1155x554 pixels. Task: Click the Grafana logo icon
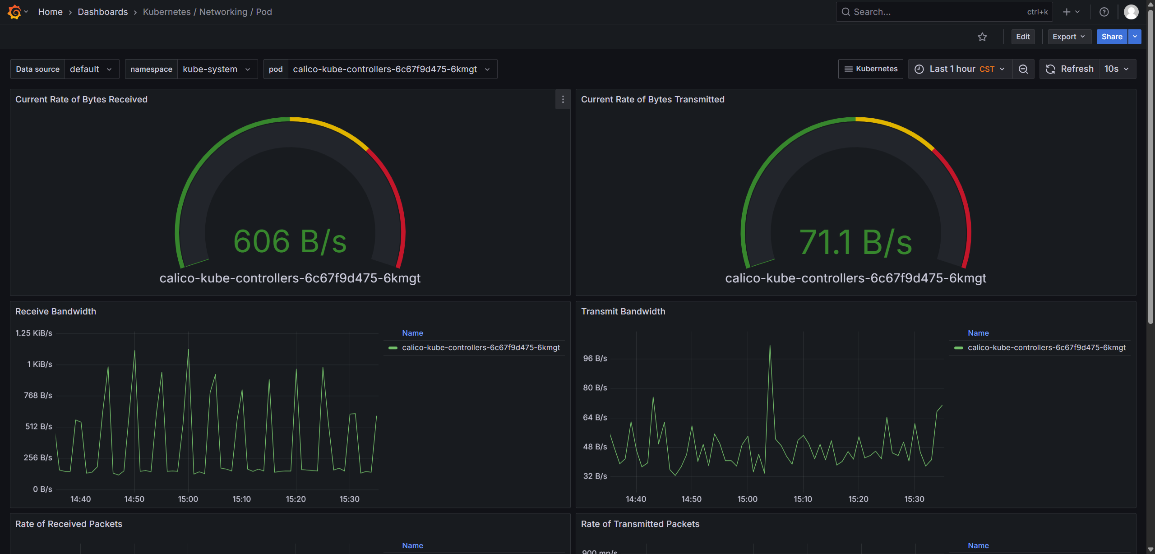[x=14, y=12]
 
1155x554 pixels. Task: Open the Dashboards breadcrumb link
[x=103, y=12]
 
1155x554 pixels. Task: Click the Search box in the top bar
[x=944, y=12]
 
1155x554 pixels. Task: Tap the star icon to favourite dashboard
[x=982, y=37]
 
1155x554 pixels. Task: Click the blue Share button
[x=1112, y=37]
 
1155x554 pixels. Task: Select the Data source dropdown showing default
[x=92, y=69]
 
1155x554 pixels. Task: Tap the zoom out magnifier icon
[x=1023, y=69]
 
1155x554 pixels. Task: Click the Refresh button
[x=1070, y=69]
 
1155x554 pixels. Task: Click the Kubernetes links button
[x=871, y=69]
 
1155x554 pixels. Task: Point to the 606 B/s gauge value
[x=290, y=241]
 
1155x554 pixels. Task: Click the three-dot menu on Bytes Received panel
[x=563, y=99]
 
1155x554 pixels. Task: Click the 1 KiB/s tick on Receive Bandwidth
[x=40, y=364]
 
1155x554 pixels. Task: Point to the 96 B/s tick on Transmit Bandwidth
[x=595, y=358]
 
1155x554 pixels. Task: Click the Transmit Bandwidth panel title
[x=623, y=311]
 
